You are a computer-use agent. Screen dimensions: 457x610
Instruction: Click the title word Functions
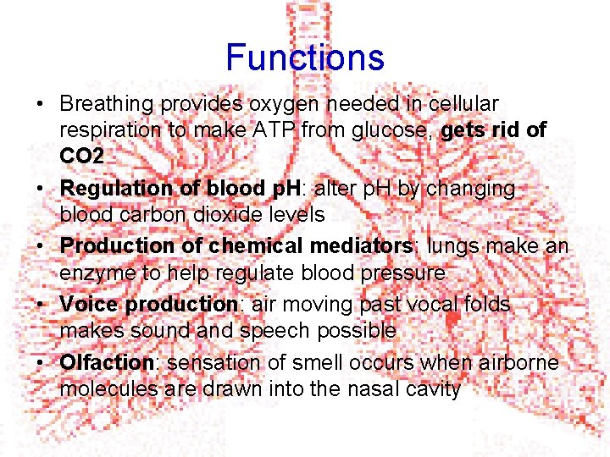[x=305, y=58]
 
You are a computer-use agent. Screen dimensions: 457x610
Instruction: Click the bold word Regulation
[x=114, y=188]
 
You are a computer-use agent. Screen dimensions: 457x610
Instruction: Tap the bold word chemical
[x=258, y=245]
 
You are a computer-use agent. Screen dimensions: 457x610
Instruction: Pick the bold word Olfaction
[x=106, y=362]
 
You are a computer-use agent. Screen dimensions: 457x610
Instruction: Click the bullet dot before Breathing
[x=40, y=105]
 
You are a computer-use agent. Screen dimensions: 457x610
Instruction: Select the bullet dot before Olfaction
[x=40, y=363]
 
